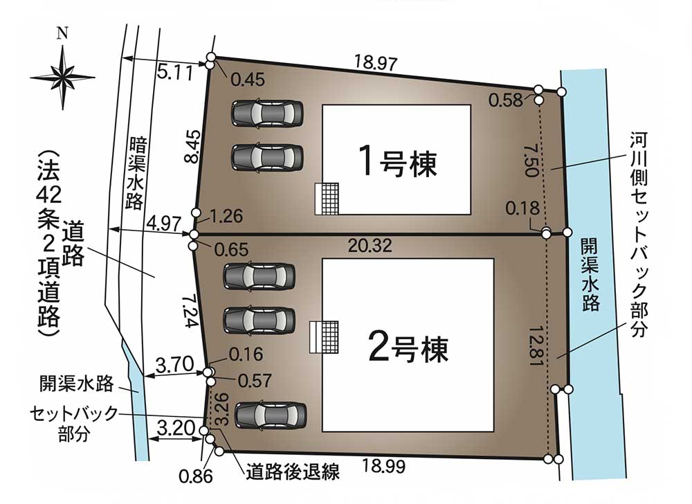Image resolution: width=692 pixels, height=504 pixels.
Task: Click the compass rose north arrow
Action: coord(63,78)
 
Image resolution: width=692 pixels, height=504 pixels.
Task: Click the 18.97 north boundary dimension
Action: coord(376,63)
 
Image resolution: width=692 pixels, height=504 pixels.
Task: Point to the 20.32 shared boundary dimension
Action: coord(370,246)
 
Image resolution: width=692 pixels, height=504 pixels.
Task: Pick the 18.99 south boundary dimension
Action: coord(383,466)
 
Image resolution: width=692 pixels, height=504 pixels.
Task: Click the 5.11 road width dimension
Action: coord(175,73)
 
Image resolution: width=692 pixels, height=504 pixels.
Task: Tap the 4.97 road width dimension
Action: coord(164,224)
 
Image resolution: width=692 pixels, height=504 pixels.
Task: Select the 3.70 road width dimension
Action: coord(175,365)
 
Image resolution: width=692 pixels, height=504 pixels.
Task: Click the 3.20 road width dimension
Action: coord(176,428)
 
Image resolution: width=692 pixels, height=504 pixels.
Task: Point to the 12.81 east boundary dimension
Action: coord(535,346)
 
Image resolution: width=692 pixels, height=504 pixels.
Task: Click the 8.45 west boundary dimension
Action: coord(193,147)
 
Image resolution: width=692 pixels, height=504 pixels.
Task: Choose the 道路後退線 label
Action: coord(293,471)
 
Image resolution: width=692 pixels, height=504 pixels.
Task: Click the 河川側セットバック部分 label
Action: coord(639,235)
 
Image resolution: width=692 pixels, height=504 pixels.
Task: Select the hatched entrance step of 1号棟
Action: coord(327,199)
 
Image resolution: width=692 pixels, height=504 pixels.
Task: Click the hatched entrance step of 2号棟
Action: coord(324,336)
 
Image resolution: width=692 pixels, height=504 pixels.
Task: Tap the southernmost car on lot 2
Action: coord(270,415)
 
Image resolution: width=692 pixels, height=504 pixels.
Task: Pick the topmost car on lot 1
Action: coord(267,114)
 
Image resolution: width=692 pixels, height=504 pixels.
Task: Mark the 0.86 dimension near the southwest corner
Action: coord(196,476)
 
